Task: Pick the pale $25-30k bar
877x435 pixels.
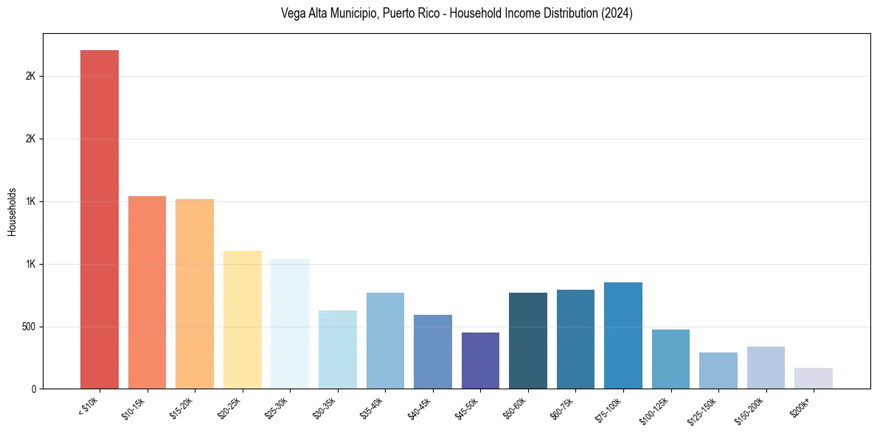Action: click(289, 324)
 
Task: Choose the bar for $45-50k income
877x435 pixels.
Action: click(480, 361)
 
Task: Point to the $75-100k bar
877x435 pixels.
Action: click(623, 335)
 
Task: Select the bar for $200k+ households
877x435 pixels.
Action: click(813, 378)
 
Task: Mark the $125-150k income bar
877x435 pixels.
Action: click(718, 370)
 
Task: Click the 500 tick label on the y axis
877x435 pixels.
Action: click(29, 327)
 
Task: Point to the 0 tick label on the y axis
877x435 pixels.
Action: click(34, 389)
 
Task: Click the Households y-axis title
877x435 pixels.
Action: click(12, 212)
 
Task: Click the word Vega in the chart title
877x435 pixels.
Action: click(293, 13)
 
